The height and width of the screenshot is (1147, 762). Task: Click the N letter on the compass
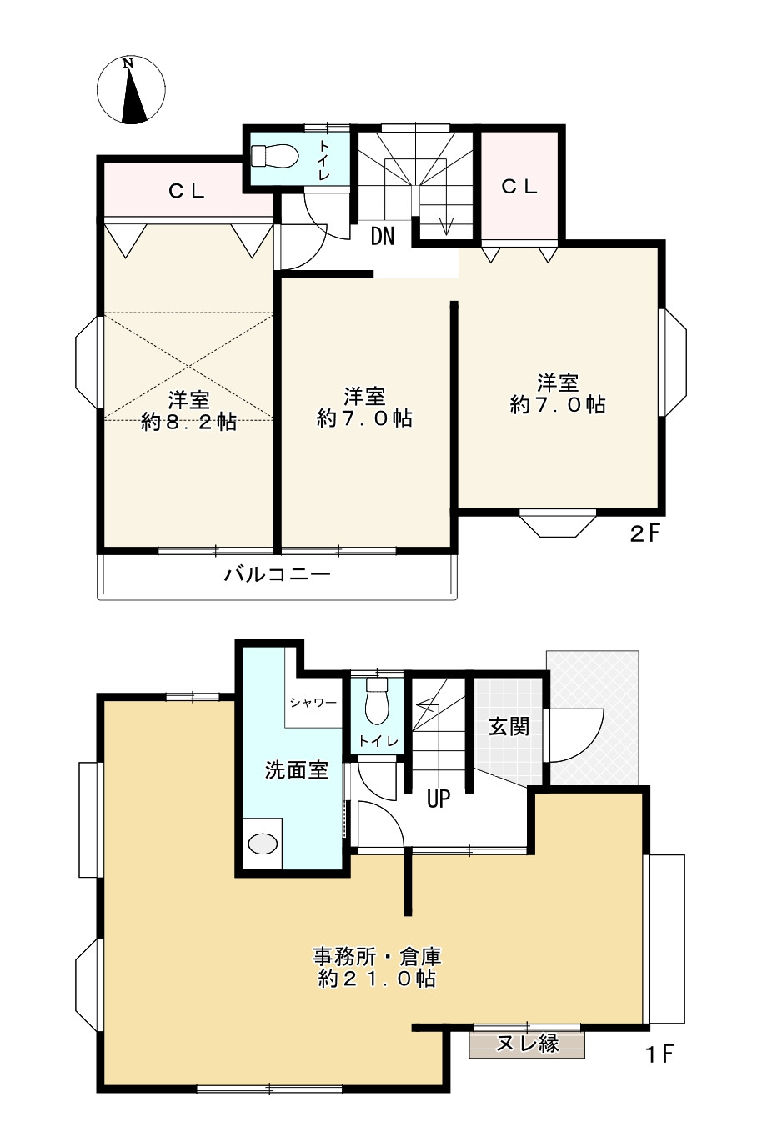tap(128, 63)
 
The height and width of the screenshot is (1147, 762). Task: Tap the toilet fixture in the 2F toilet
tap(275, 156)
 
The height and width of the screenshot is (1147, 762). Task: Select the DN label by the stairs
tap(383, 237)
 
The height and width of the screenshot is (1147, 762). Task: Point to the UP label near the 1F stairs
tap(439, 799)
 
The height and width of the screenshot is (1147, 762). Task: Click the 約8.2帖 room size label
tap(188, 423)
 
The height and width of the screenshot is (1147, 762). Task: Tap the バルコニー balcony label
tap(277, 574)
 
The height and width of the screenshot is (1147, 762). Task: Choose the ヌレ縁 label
tap(527, 1042)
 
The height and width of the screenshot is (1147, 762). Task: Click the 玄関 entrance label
tap(509, 726)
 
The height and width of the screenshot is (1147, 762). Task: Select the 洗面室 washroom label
tap(297, 770)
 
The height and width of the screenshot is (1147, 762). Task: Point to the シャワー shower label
tap(313, 702)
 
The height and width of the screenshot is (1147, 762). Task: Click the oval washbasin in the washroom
tap(263, 843)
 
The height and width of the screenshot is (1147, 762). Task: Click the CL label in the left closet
tap(187, 191)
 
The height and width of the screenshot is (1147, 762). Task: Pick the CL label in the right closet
tap(519, 187)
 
